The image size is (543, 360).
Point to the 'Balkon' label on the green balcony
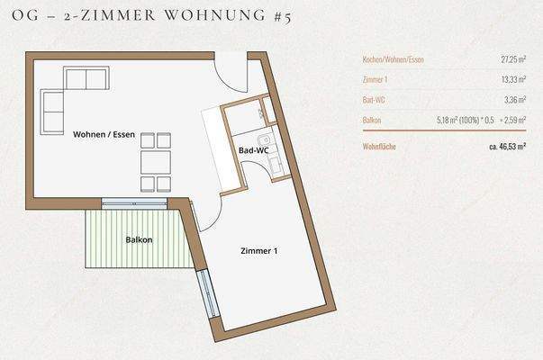(139, 239)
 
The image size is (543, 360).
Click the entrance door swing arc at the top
(231, 74)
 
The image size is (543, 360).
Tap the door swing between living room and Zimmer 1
(205, 214)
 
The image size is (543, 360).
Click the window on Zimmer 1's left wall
(207, 292)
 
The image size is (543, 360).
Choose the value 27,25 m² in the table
(513, 59)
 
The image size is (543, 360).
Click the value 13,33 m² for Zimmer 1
(513, 79)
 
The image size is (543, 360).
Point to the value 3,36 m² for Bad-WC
(515, 99)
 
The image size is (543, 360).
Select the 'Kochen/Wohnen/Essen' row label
(393, 59)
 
